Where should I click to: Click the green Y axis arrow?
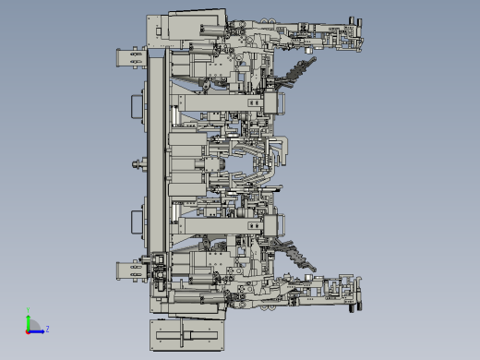(x=29, y=319)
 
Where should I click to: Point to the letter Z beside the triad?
(x=47, y=328)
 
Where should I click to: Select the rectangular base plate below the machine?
(x=185, y=334)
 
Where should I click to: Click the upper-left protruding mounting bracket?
(x=128, y=58)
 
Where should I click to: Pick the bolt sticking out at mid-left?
(x=138, y=166)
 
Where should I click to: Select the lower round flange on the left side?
(x=140, y=222)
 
